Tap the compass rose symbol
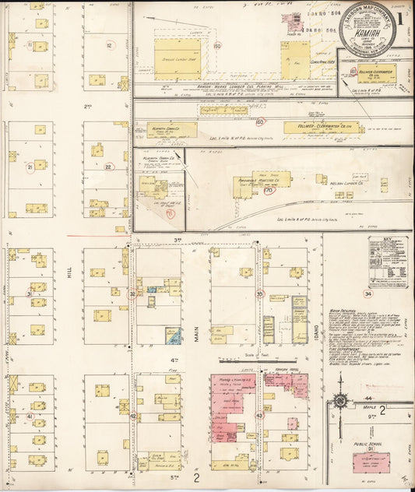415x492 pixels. tap(339, 402)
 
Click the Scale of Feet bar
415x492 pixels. tap(238, 360)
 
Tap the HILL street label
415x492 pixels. tap(69, 270)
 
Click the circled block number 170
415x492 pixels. tap(269, 189)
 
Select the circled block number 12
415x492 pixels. tap(110, 46)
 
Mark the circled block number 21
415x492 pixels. tap(30, 167)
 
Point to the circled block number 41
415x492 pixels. tap(30, 416)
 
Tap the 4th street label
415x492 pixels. tap(175, 359)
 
